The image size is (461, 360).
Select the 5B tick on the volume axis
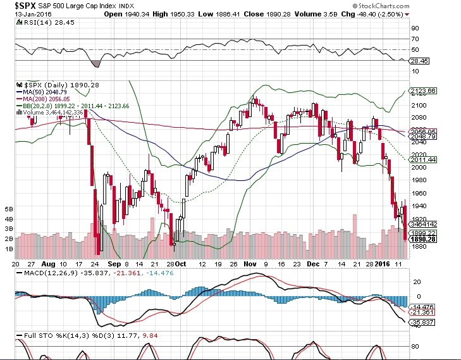(x=9, y=208)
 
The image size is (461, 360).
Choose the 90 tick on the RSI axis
(x=415, y=28)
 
